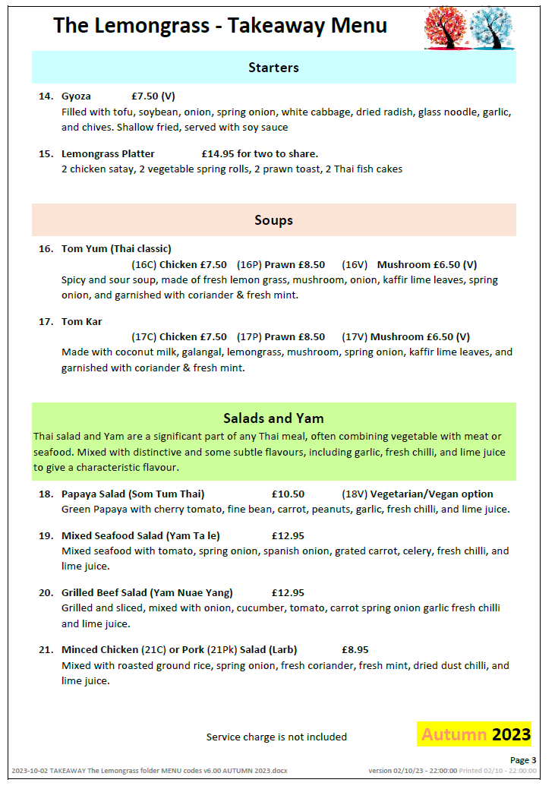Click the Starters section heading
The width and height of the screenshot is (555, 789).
point(273,68)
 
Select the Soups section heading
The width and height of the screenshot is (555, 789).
point(273,220)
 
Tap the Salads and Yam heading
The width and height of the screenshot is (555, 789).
point(273,418)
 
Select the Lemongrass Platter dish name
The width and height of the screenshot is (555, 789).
point(108,154)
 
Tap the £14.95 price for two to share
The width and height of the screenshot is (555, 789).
point(219,154)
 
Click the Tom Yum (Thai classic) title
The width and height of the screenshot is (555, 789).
point(116,248)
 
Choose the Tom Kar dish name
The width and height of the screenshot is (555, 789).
point(81,321)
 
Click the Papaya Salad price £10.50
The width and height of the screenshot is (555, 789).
point(288,494)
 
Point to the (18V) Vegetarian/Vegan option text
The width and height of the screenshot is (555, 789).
point(417,494)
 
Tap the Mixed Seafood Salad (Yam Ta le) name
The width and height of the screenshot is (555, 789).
point(140,535)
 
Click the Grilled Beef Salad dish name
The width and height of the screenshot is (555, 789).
point(147,592)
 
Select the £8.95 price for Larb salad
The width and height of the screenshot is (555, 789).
point(355,649)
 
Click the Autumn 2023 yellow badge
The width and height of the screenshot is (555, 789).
point(474,734)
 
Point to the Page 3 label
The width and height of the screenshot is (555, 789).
point(522,759)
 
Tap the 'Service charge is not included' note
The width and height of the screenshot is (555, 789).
point(276,737)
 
